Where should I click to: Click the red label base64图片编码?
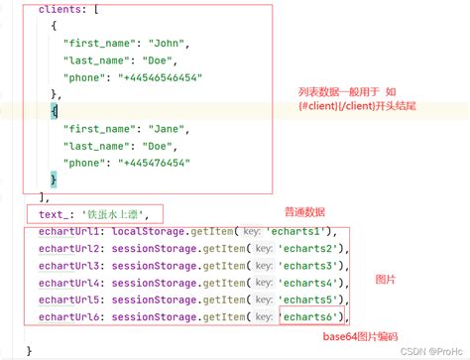coord(364,337)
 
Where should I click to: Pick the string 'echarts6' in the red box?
coord(311,316)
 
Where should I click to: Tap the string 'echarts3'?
coord(312,266)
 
